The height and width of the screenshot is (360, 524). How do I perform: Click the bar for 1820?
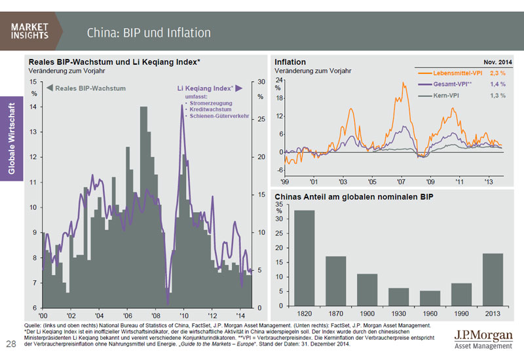[x=304, y=258]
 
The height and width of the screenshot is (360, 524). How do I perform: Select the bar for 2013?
[x=492, y=279]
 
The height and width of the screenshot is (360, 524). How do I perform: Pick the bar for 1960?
[x=429, y=298]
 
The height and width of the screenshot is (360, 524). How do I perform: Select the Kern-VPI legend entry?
[x=446, y=96]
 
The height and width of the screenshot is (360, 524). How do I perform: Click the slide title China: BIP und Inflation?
[x=148, y=32]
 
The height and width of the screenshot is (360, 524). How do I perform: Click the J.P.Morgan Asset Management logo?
[x=483, y=340]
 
